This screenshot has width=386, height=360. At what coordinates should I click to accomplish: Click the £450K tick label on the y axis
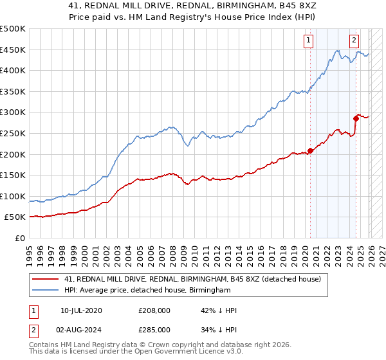(x=13, y=50)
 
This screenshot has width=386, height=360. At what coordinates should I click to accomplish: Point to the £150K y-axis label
(x=13, y=175)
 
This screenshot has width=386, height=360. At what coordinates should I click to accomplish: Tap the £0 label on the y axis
(x=20, y=238)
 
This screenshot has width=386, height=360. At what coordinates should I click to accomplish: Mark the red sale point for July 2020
(x=310, y=150)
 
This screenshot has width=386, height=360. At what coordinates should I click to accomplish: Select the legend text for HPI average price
(x=147, y=291)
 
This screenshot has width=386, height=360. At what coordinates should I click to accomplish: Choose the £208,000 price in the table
(x=154, y=310)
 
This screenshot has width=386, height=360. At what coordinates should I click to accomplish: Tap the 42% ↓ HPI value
(x=219, y=310)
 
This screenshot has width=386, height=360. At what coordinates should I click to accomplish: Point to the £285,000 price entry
(x=154, y=331)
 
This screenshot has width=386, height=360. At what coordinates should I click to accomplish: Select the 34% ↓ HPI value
(x=219, y=331)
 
